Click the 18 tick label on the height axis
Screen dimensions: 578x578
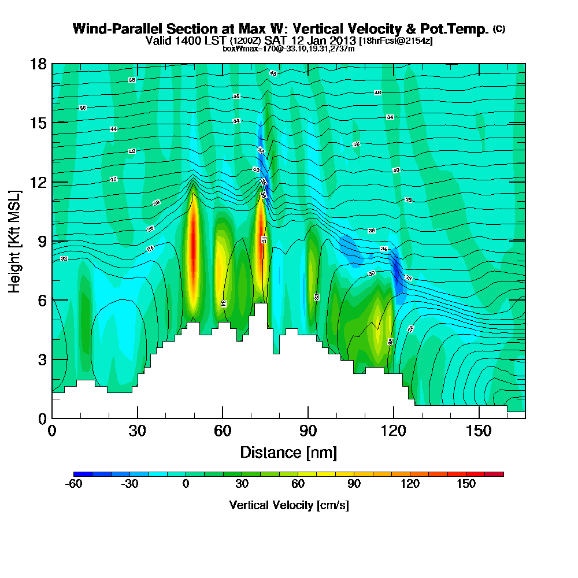pos(38,64)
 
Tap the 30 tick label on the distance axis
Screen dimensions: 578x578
pos(137,432)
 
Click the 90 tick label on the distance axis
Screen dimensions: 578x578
pos(308,432)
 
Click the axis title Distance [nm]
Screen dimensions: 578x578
pos(288,452)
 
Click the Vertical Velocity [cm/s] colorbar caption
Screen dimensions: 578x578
pos(288,505)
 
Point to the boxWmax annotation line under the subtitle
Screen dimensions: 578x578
pos(288,49)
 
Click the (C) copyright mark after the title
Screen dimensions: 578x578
pos(499,28)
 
